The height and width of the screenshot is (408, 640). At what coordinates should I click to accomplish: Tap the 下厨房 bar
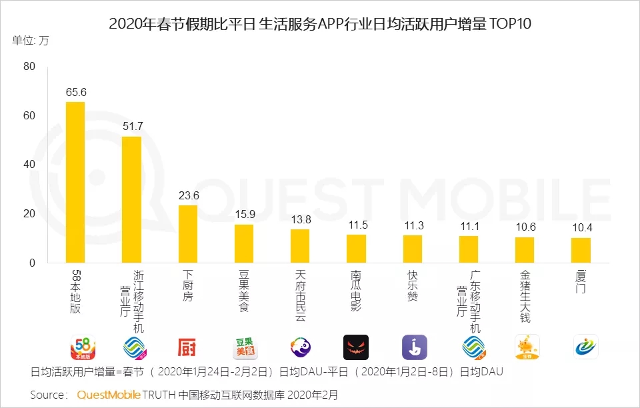click(x=187, y=234)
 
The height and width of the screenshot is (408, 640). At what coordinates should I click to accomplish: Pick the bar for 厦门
click(x=581, y=250)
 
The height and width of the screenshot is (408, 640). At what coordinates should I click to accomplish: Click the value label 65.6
click(x=75, y=93)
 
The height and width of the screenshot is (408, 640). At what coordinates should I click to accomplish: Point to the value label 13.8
click(x=300, y=219)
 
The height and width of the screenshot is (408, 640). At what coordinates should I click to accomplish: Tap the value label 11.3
click(x=413, y=225)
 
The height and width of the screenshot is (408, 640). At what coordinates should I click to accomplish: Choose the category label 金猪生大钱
click(x=525, y=296)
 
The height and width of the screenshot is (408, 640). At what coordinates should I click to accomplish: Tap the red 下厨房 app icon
click(x=187, y=347)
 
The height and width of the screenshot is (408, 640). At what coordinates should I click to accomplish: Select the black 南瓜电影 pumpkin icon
click(x=356, y=347)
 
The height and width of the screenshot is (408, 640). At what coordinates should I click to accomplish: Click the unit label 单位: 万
click(x=31, y=40)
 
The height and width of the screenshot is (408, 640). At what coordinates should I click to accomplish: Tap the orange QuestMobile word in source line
click(x=109, y=395)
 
